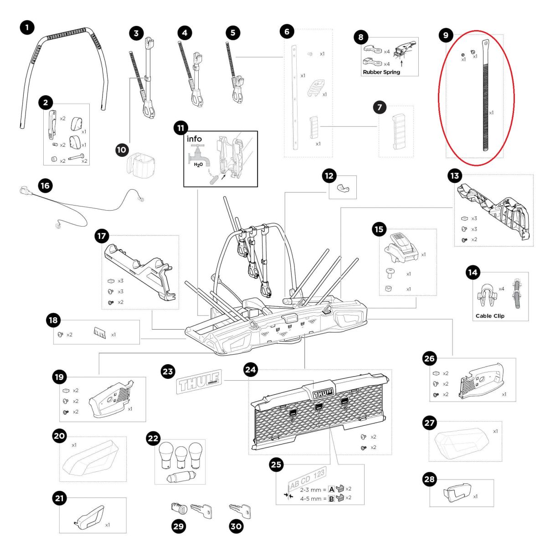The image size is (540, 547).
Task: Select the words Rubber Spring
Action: pyautogui.click(x=381, y=72)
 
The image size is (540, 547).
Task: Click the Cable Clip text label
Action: pyautogui.click(x=490, y=316)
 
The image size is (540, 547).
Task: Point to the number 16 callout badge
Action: pyautogui.click(x=45, y=186)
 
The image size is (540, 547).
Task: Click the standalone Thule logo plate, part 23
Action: pyautogui.click(x=199, y=381)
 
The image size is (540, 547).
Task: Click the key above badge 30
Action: pyautogui.click(x=240, y=510)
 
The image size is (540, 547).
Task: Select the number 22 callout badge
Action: pyautogui.click(x=153, y=439)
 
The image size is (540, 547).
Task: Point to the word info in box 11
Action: pyautogui.click(x=194, y=139)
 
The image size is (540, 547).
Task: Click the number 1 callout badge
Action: pyautogui.click(x=27, y=28)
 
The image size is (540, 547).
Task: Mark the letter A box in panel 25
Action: pyautogui.click(x=331, y=489)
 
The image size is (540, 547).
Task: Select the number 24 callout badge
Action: pyautogui.click(x=251, y=369)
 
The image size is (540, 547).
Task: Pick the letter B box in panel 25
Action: pyautogui.click(x=331, y=498)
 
